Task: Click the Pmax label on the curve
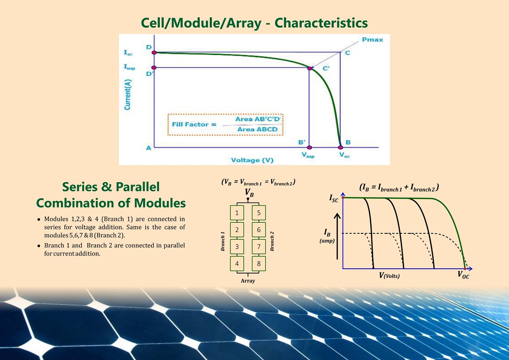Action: tap(372, 40)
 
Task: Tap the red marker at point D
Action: tap(154, 52)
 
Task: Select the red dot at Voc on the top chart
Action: tap(340, 147)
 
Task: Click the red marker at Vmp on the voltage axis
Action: tap(309, 147)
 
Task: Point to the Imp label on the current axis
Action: tap(129, 67)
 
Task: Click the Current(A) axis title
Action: tap(128, 94)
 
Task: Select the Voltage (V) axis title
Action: tap(252, 160)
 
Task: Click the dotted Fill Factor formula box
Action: tap(225, 125)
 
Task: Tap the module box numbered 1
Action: tap(237, 213)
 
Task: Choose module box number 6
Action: tap(259, 230)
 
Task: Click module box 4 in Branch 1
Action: tap(237, 263)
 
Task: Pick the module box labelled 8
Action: tap(259, 263)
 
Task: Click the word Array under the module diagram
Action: tap(247, 281)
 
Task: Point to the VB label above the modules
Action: tap(249, 193)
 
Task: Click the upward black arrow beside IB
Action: tap(337, 236)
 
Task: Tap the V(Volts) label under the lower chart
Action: tap(390, 275)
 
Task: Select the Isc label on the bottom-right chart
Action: tap(334, 198)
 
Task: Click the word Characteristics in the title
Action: tap(321, 23)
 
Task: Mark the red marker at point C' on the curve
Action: tap(310, 68)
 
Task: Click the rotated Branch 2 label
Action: tap(272, 241)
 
